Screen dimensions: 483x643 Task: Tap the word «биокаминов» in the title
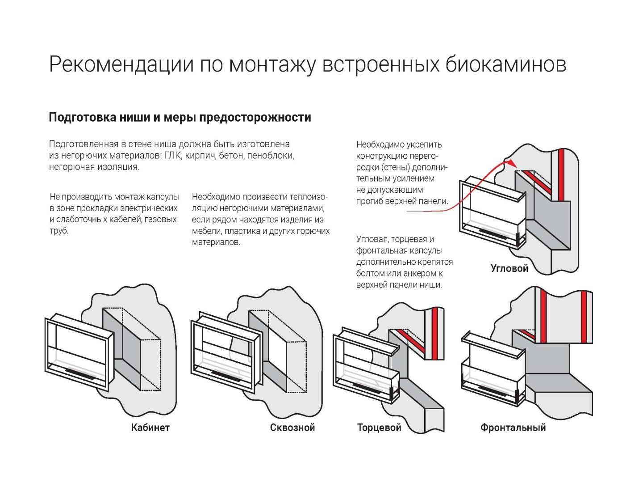click(506, 64)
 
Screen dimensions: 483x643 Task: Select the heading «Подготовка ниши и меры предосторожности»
click(180, 118)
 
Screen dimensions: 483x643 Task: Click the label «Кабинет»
click(150, 428)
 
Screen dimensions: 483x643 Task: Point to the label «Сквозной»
click(292, 428)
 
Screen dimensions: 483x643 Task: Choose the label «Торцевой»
click(379, 428)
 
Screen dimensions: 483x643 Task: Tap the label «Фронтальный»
click(513, 428)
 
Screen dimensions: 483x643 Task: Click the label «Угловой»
click(509, 268)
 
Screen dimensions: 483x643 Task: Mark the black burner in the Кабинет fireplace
click(80, 371)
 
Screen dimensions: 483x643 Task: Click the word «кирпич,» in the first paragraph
click(202, 156)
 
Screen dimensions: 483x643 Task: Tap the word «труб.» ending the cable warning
click(59, 231)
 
